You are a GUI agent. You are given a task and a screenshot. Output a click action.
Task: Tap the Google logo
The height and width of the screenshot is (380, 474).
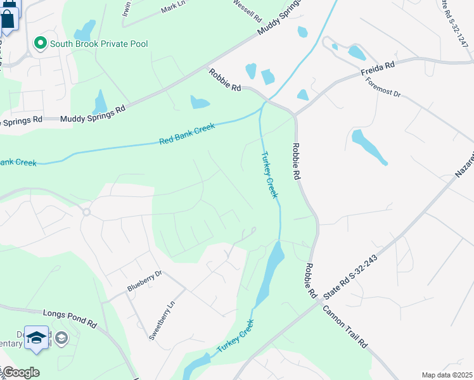(21, 372)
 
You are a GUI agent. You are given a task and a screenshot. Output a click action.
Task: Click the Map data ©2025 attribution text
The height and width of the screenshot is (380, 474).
(447, 375)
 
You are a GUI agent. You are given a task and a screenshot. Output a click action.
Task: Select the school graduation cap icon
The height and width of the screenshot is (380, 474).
(36, 338)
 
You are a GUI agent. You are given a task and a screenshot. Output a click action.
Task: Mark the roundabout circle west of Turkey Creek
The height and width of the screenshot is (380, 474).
(86, 212)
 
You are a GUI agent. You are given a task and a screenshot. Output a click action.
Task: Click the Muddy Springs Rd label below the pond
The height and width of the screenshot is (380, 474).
(93, 113)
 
